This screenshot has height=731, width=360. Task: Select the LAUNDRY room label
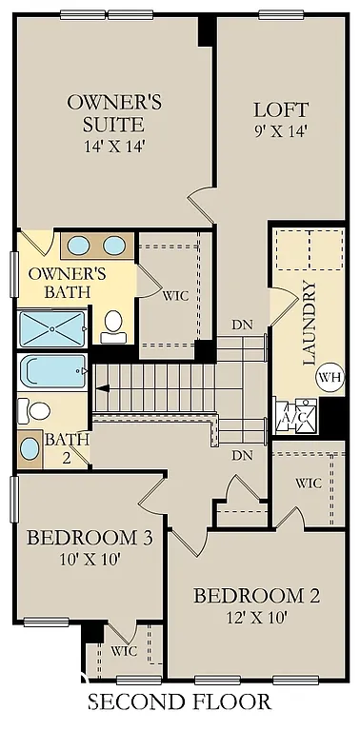(308, 324)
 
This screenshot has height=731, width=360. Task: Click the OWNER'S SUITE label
(106, 112)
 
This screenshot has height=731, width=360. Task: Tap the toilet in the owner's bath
(114, 325)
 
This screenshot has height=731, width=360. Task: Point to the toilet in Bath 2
(36, 410)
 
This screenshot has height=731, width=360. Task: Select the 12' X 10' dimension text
(256, 618)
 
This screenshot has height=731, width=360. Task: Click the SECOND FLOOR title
(180, 702)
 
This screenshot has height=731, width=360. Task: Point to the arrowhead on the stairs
(102, 387)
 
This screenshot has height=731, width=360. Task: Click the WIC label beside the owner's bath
(174, 295)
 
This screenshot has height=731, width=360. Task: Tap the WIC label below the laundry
(308, 484)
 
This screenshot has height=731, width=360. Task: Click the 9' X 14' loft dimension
(281, 131)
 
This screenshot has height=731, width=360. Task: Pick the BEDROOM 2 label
(256, 597)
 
